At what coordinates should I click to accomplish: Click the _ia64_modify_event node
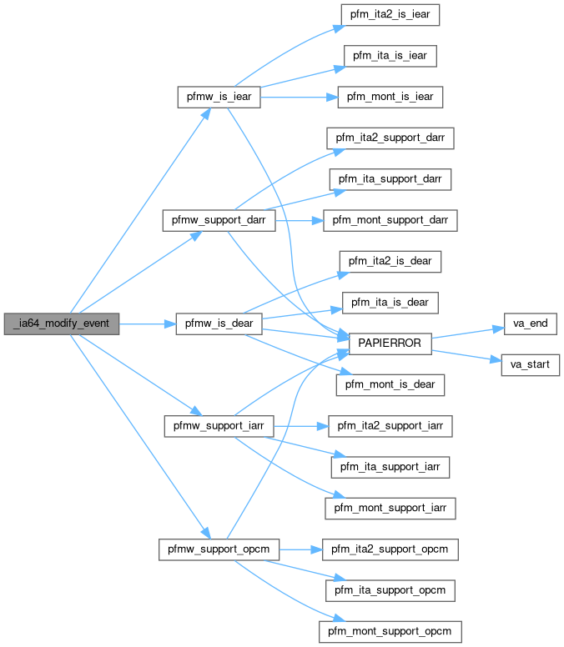point(62,323)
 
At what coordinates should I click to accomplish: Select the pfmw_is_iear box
point(219,98)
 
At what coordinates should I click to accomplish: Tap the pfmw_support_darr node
point(219,222)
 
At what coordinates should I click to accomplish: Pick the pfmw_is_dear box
point(219,323)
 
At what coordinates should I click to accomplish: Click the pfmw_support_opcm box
point(219,549)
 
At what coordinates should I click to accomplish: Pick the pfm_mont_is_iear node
point(389,98)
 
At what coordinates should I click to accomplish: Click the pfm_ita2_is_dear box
point(390,261)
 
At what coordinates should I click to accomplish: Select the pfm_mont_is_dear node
point(389,384)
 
